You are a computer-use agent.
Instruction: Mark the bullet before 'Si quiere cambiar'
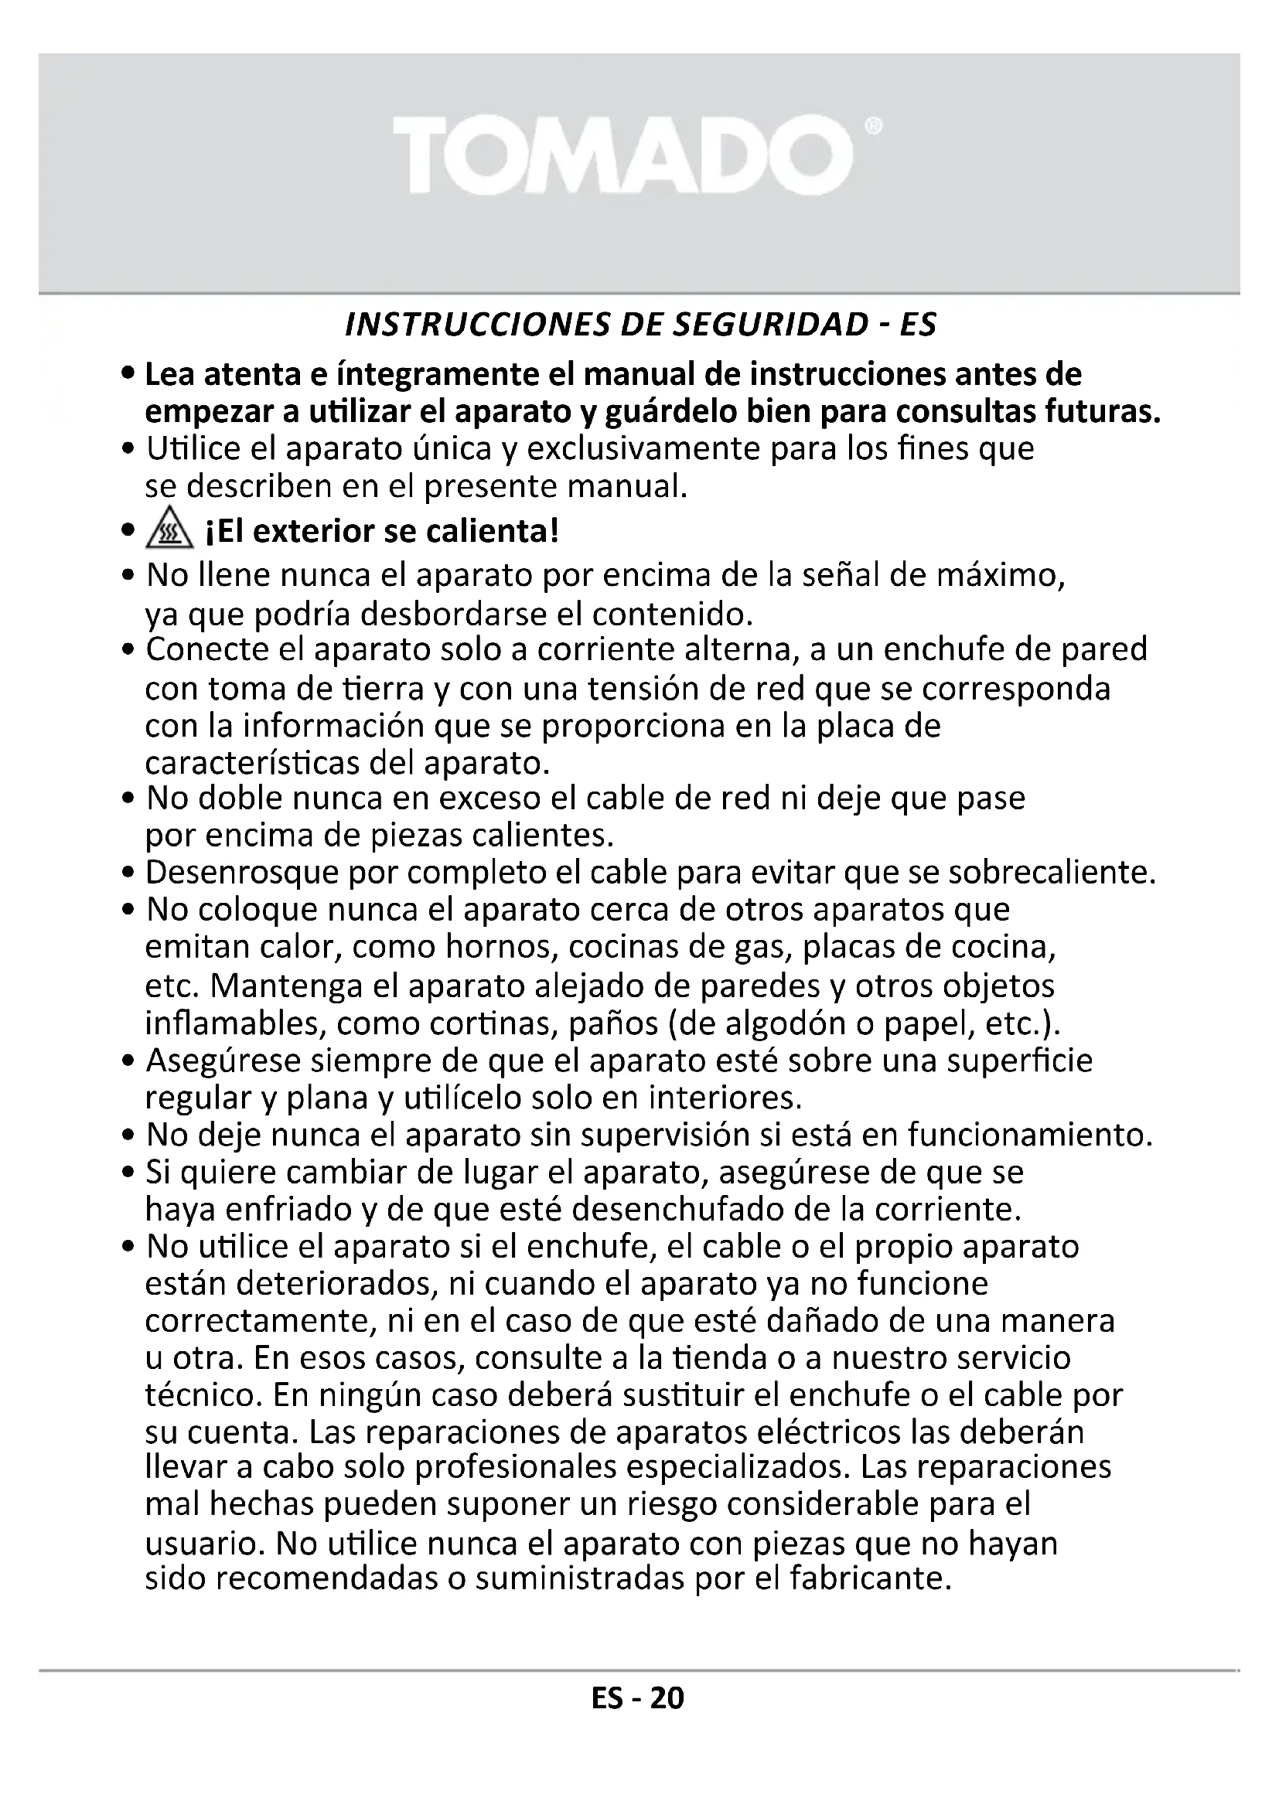click(x=129, y=1173)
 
